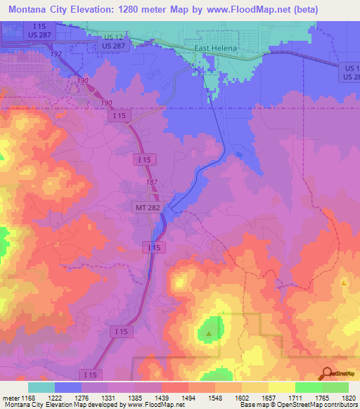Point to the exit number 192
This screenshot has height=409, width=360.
coord(57,53)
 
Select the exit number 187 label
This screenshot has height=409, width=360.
coord(151,183)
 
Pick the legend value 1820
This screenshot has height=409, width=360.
coord(349,398)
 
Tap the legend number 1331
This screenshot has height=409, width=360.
coord(108,398)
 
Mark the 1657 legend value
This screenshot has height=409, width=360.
coord(269,398)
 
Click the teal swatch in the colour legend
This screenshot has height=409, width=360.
coord(41,387)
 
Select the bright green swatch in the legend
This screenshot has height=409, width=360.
coord(309,387)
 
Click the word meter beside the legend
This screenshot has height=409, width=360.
coord(9,398)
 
